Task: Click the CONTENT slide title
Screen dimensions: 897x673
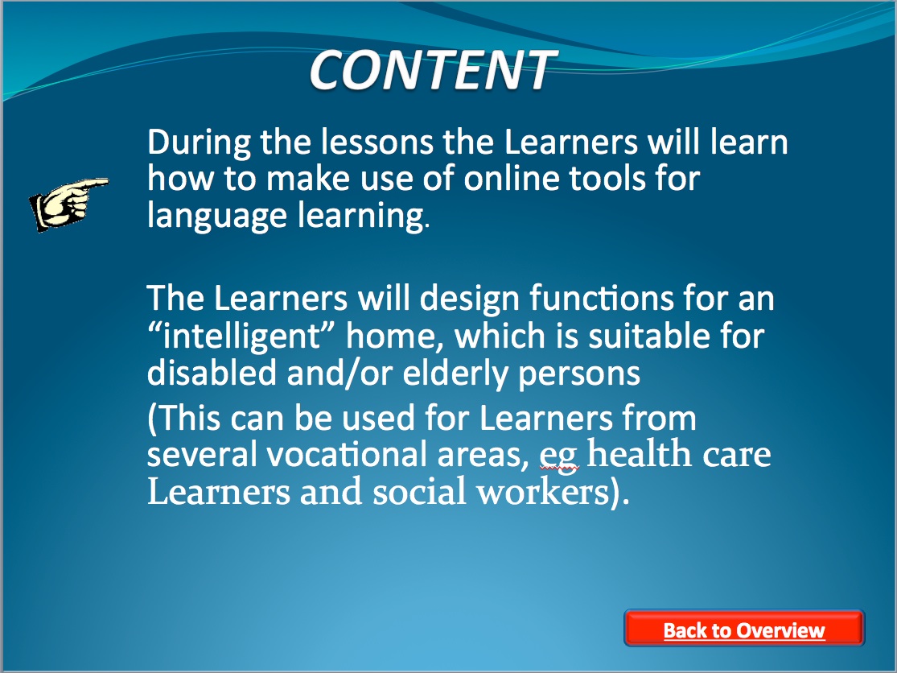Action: [433, 70]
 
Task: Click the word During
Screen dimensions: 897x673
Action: [199, 142]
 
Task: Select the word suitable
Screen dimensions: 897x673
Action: [650, 336]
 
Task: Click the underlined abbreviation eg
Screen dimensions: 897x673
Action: [559, 456]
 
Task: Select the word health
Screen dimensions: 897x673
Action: [640, 453]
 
